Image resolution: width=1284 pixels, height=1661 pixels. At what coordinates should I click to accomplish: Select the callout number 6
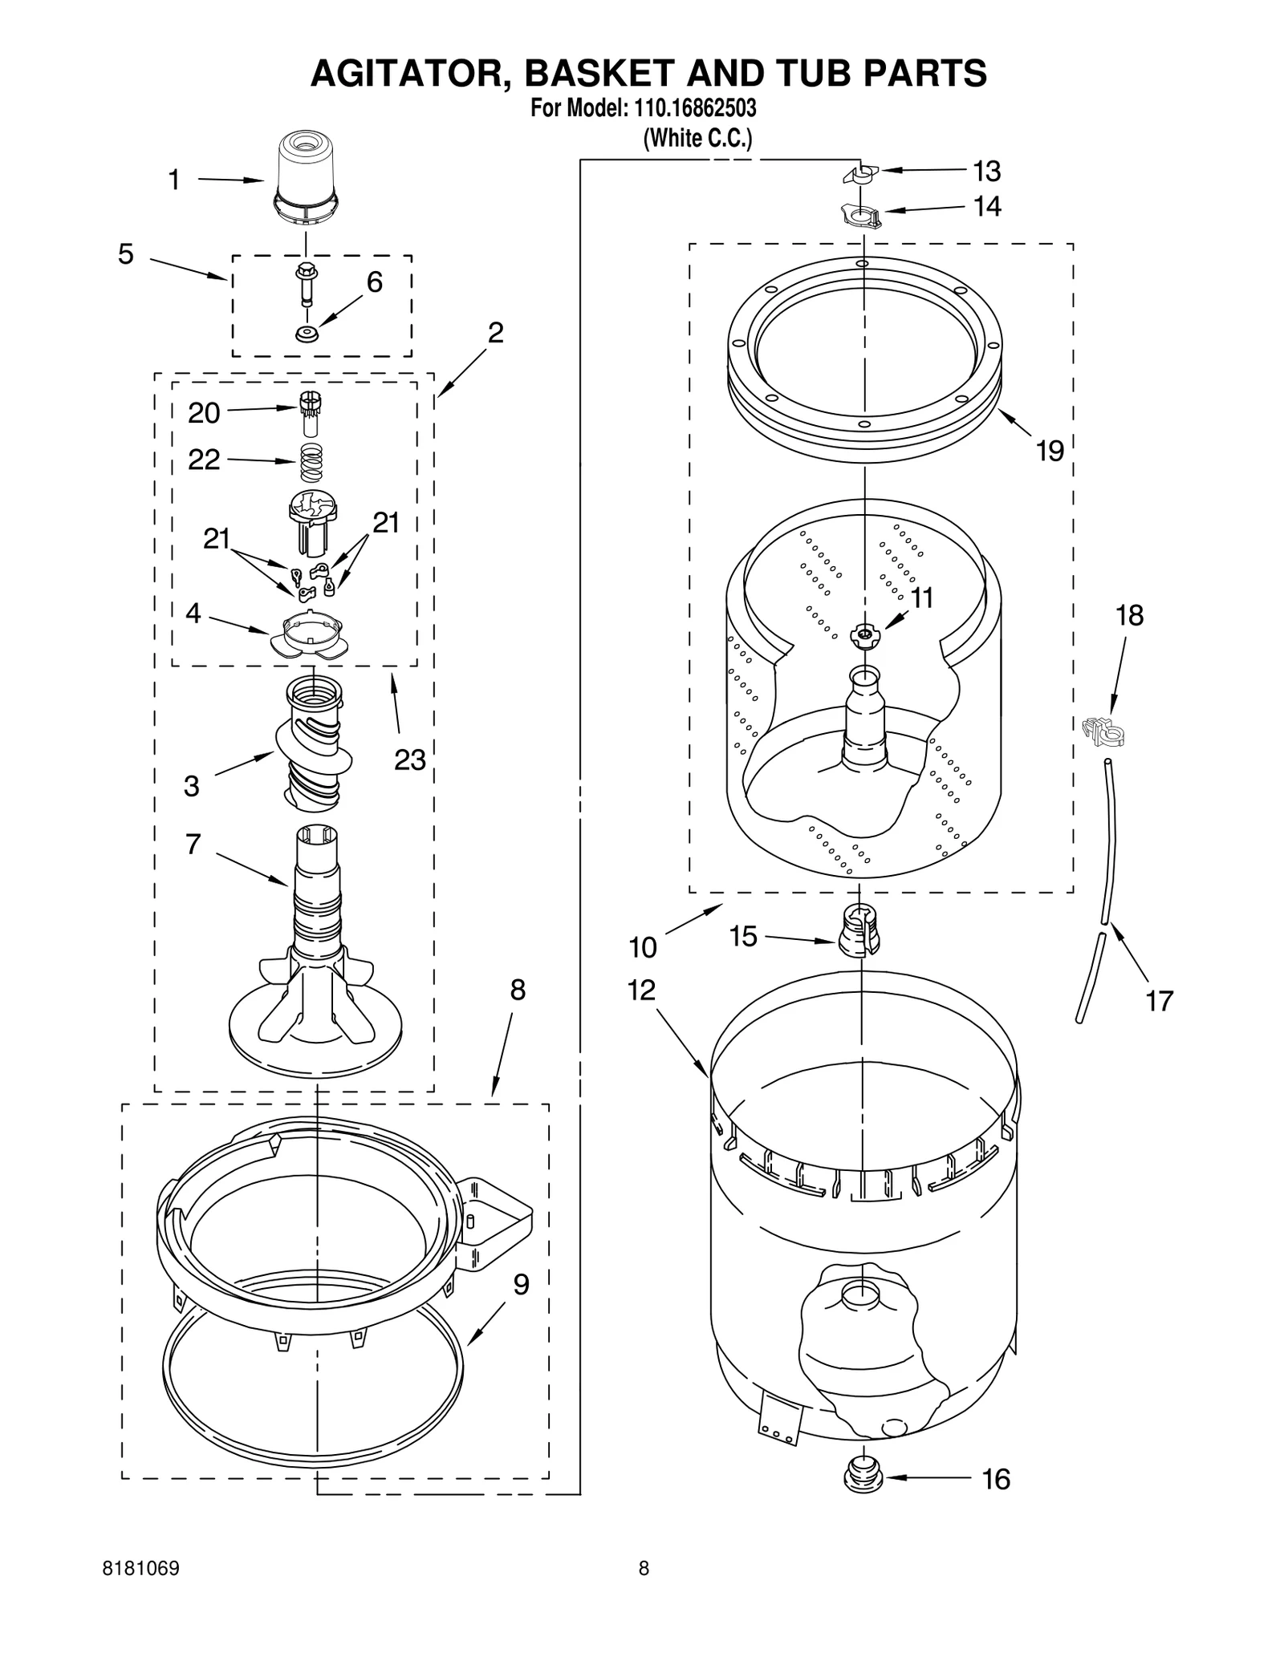(x=375, y=282)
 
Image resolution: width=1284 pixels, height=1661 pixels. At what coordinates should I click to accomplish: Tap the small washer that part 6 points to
(x=306, y=334)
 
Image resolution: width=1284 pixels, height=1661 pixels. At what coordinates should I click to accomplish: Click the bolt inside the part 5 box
(x=306, y=283)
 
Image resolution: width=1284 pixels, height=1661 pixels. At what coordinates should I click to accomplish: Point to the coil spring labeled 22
(x=311, y=462)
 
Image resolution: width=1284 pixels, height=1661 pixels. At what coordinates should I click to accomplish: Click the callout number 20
(x=204, y=413)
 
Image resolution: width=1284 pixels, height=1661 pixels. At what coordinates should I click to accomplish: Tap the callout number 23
(x=409, y=760)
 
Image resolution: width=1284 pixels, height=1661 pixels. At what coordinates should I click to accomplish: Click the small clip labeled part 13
(x=861, y=174)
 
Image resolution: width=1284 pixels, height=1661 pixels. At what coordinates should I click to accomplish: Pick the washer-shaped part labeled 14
(x=860, y=216)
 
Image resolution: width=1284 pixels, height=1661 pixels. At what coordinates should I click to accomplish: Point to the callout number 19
(x=1050, y=451)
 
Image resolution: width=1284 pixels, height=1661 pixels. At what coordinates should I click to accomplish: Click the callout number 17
(x=1159, y=1001)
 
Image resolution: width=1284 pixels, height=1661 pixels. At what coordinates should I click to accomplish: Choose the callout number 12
(x=641, y=991)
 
